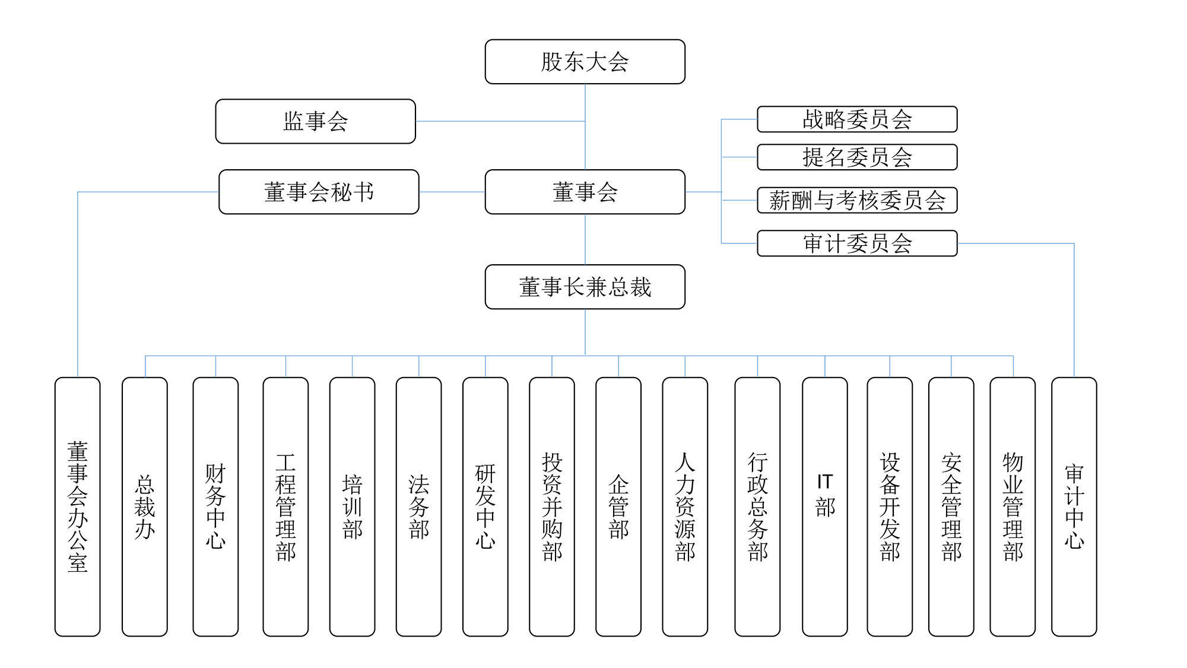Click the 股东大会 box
click(x=585, y=62)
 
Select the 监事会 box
click(x=315, y=121)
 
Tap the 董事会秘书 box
click(x=319, y=192)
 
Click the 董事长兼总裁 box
click(x=585, y=287)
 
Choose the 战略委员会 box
click(x=857, y=119)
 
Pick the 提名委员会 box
click(x=857, y=157)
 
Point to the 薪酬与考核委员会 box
click(x=857, y=200)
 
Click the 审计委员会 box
click(x=857, y=243)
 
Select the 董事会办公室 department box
click(x=78, y=506)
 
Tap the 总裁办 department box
click(x=145, y=506)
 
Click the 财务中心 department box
click(x=215, y=506)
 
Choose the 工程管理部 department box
click(x=285, y=506)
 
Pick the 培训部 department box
click(x=352, y=506)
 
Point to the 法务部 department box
click(x=418, y=506)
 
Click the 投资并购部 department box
click(x=552, y=506)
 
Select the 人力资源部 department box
click(x=685, y=506)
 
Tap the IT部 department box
click(x=825, y=506)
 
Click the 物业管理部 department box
click(x=1013, y=506)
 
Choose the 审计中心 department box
click(x=1074, y=506)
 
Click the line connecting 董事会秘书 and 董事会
click(x=452, y=192)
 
